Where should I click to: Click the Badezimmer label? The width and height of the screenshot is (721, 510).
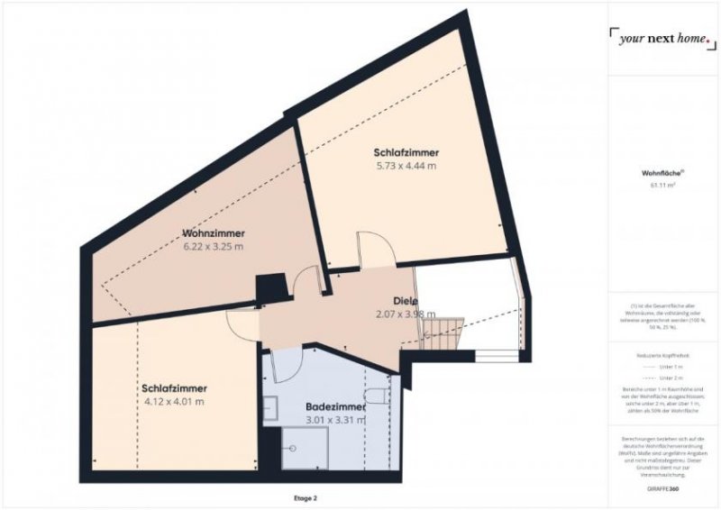[335, 406]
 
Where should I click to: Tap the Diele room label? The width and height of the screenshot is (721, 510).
[405, 300]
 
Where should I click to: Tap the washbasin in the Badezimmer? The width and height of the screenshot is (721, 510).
[269, 407]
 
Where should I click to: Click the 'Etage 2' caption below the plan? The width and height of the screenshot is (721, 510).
[304, 497]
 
